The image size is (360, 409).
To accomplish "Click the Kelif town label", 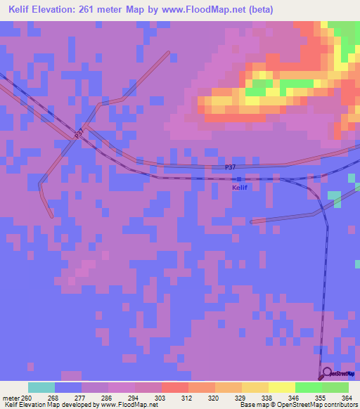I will coord(239,188).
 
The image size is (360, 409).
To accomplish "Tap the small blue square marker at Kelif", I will coord(239,178).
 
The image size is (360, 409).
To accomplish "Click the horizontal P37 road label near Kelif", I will coord(231,167).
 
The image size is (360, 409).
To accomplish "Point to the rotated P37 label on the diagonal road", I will coord(79,132).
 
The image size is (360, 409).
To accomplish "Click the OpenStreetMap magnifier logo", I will coord(326,373).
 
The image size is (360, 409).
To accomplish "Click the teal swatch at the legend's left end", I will coord(41,387).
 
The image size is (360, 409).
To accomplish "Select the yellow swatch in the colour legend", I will coord(281,387).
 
